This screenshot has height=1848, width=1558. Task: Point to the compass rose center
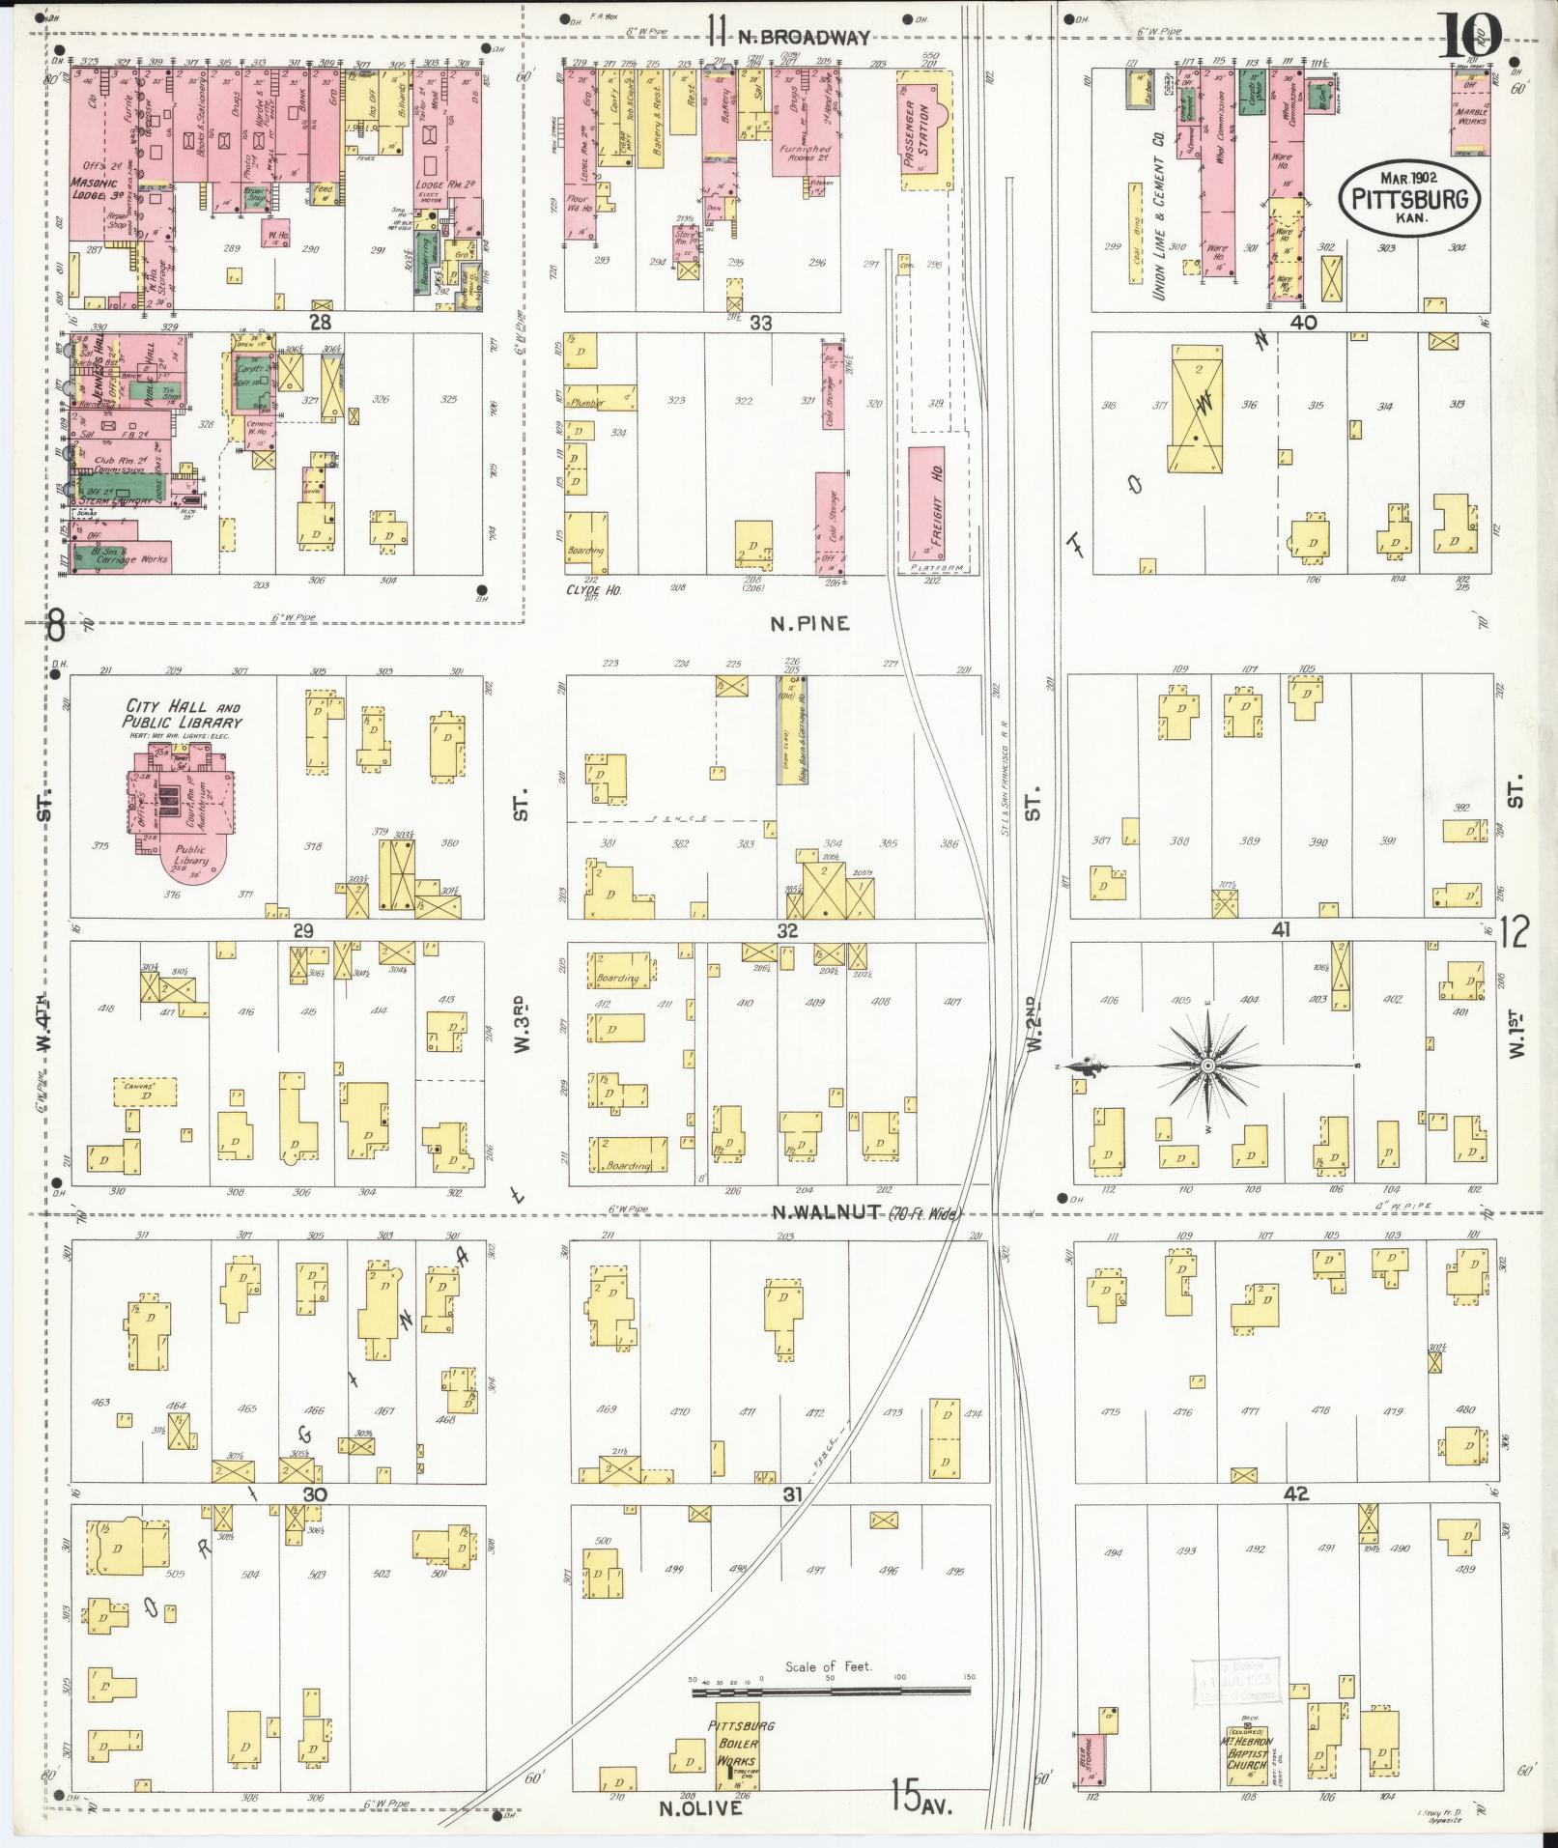click(1206, 1066)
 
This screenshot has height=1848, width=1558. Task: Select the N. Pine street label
click(809, 624)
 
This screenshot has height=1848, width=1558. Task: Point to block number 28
click(320, 322)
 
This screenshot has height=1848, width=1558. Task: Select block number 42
click(1295, 1521)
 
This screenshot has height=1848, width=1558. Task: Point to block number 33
click(760, 324)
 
